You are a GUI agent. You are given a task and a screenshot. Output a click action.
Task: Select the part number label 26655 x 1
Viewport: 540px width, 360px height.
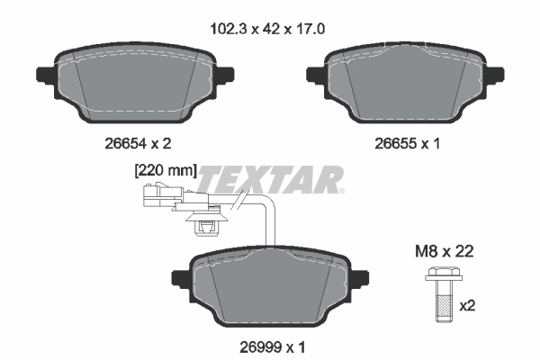401,142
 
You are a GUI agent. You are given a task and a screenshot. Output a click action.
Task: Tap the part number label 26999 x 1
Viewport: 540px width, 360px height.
270,344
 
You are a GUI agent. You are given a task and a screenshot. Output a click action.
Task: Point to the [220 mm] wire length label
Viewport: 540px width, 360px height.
165,169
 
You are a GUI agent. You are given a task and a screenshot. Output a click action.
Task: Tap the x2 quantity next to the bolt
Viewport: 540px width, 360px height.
468,306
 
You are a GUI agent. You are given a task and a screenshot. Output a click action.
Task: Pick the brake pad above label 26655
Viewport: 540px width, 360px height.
401,85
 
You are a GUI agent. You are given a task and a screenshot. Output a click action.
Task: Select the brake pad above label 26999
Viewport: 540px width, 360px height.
270,288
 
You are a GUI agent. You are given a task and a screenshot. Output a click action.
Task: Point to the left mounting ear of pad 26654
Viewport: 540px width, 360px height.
43,75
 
